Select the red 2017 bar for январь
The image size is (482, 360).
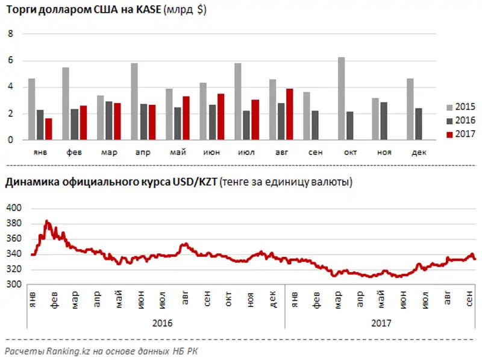49,129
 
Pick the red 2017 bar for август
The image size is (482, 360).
290,114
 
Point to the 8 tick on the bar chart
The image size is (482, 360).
10,34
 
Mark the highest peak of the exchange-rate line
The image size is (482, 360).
47,221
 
